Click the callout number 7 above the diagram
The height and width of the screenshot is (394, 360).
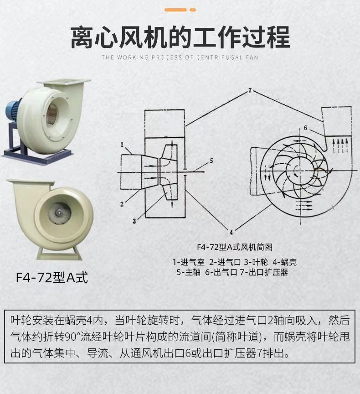tap(250, 90)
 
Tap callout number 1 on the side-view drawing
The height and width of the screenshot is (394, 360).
tap(122, 145)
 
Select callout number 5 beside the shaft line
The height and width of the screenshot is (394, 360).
tap(211, 161)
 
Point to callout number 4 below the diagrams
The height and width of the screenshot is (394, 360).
tap(231, 232)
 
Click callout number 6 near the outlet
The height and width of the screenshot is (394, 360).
tap(305, 128)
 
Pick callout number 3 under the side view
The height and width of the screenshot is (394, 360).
tap(134, 221)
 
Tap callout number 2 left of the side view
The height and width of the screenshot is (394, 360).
tap(122, 204)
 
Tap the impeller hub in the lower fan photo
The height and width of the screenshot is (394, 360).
tap(59, 213)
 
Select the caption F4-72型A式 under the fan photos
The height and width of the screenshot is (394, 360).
tap(51, 277)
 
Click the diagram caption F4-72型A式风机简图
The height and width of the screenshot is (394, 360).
tap(235, 247)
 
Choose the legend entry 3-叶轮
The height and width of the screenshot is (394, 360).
tap(256, 262)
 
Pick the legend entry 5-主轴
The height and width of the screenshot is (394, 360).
tap(188, 272)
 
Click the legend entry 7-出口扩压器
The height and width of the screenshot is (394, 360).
tap(264, 272)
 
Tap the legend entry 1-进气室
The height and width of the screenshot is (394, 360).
tap(189, 262)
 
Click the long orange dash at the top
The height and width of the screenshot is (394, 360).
tap(176, 10)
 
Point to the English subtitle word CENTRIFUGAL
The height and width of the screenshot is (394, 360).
tap(219, 57)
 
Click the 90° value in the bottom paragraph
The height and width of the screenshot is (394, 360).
tap(73, 337)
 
